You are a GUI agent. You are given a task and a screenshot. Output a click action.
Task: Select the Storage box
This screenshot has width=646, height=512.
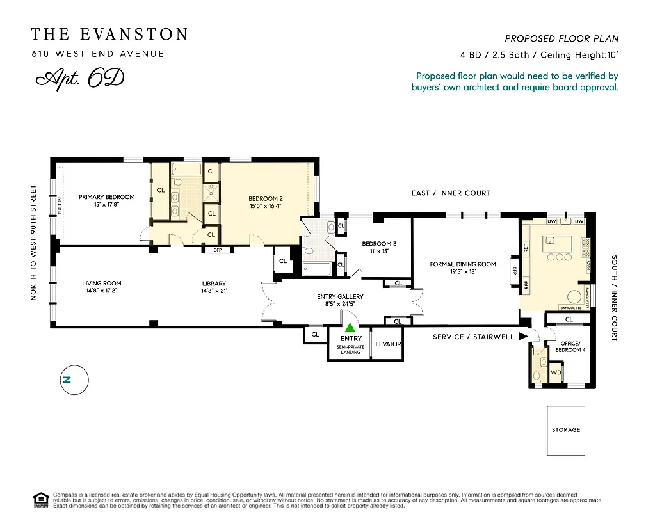(x=566, y=430)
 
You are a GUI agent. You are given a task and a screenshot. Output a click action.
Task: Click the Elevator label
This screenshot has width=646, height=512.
(x=386, y=344)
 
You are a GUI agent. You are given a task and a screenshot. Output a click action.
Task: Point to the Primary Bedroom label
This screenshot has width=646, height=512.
(x=107, y=197)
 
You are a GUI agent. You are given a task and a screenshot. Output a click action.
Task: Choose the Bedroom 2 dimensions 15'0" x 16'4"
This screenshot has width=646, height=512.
(x=266, y=207)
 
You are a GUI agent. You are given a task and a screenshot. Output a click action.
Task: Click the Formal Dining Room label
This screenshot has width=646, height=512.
(x=463, y=264)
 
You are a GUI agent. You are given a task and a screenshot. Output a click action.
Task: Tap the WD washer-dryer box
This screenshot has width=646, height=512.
(x=556, y=372)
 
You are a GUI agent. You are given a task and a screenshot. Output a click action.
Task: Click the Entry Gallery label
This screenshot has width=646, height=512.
(x=340, y=296)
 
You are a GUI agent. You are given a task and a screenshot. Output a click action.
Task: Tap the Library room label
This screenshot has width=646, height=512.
(x=214, y=283)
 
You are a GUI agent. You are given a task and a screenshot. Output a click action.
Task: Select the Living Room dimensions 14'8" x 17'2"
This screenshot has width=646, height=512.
(x=101, y=291)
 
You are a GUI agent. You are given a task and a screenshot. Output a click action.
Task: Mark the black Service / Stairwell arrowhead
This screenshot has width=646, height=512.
(x=523, y=336)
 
